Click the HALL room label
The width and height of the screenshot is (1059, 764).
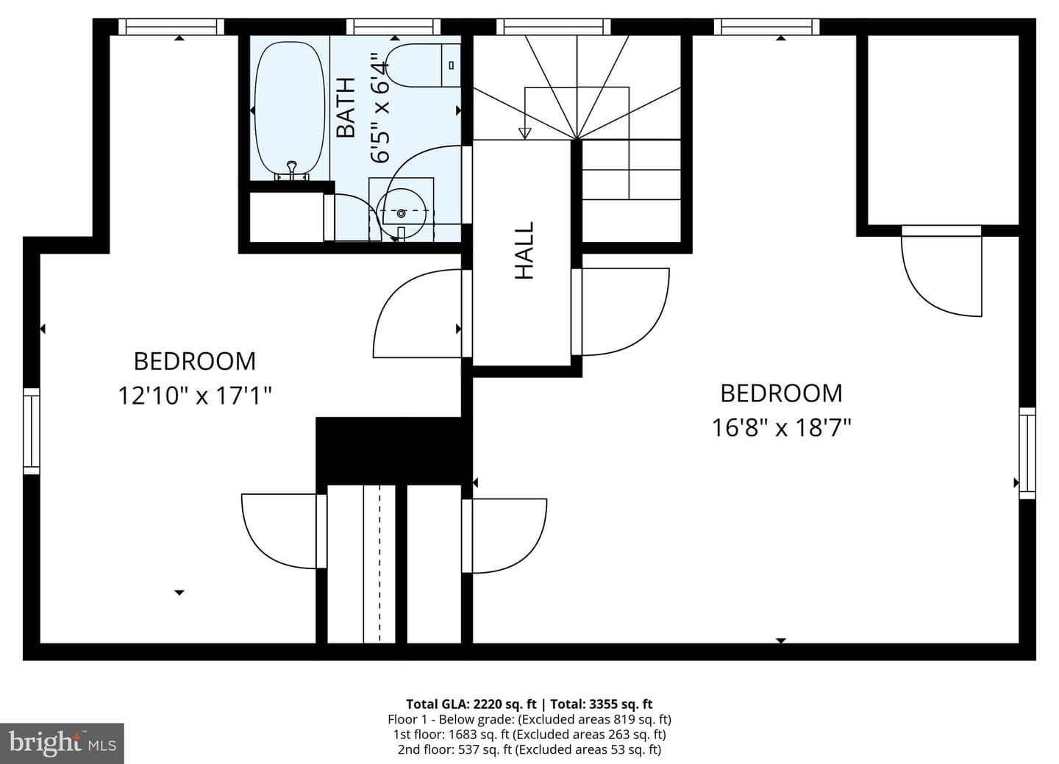524,251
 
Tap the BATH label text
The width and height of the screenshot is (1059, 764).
346,107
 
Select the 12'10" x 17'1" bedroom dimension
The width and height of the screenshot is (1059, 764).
195,396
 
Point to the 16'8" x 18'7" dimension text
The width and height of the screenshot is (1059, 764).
781,428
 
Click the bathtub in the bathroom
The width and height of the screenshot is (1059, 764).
290,110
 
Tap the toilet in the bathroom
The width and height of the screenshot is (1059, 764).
424,65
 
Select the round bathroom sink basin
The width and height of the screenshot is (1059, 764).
401,213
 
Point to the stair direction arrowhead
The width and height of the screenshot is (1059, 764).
525,133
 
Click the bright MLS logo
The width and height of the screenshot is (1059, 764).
62,743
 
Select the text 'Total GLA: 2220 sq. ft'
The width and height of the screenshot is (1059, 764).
471,704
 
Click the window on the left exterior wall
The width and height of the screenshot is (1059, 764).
32,431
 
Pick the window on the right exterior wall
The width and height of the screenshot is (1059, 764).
1027,454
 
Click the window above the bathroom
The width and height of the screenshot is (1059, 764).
393,27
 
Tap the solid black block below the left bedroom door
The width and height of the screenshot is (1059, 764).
394,451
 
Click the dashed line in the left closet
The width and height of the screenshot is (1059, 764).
379,564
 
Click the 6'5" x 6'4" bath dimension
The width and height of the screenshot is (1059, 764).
381,108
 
